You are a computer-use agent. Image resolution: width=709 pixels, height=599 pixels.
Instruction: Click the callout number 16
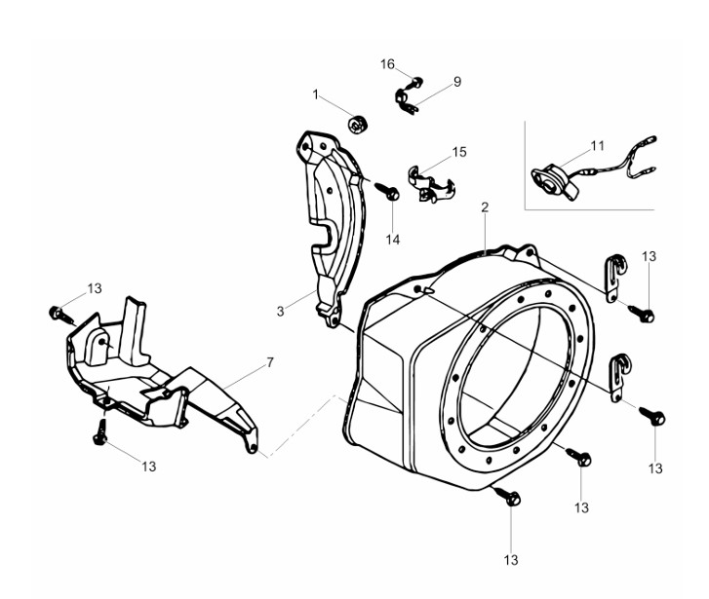pos(387,64)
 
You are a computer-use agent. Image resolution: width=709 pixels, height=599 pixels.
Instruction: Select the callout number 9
pos(457,82)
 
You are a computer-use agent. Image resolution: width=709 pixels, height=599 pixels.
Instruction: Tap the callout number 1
pos(315,94)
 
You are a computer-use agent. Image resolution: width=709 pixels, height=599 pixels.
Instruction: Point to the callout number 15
pos(459,152)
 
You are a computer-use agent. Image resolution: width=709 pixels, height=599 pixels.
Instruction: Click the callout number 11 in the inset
pos(597,146)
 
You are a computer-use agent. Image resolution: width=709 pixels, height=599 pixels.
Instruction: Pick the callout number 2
pos(485,207)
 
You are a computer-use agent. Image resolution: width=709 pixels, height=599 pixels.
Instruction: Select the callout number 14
pos(392,240)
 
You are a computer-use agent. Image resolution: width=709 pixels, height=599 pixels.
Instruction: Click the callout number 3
pos(280,312)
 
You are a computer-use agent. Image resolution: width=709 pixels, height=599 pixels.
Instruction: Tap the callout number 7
pos(270,362)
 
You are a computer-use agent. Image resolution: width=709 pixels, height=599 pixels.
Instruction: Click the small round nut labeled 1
pos(358,124)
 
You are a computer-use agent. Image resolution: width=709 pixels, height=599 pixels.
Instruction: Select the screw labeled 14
pos(386,191)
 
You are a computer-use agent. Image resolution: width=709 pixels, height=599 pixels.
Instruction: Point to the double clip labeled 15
pos(430,184)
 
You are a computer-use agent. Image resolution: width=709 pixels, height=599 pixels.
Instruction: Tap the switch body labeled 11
pos(554,181)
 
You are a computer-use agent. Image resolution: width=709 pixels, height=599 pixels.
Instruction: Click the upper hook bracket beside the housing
pos(615,278)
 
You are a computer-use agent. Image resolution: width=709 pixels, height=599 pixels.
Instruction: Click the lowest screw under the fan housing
pos(507,496)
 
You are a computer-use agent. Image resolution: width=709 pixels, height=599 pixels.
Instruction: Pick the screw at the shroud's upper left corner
pos(60,315)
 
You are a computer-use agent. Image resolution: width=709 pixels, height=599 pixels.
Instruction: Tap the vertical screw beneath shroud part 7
pos(99,431)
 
